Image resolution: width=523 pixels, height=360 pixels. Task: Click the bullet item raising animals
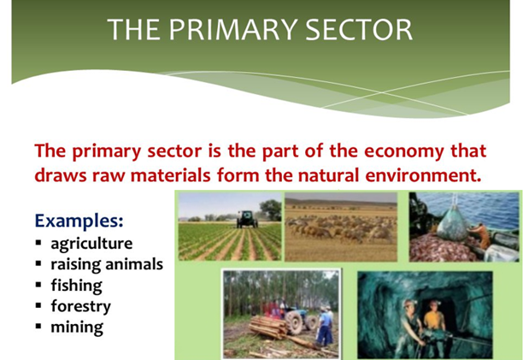[x=106, y=263]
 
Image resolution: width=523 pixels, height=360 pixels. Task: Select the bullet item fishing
[x=76, y=284]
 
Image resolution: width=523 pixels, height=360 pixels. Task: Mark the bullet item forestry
[x=80, y=305]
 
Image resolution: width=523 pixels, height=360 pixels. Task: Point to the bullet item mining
[x=77, y=326]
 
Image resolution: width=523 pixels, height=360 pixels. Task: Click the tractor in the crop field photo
[x=247, y=218]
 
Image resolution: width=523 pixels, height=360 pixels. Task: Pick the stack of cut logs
[x=265, y=328]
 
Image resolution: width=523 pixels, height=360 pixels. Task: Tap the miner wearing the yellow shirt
[x=434, y=322]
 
